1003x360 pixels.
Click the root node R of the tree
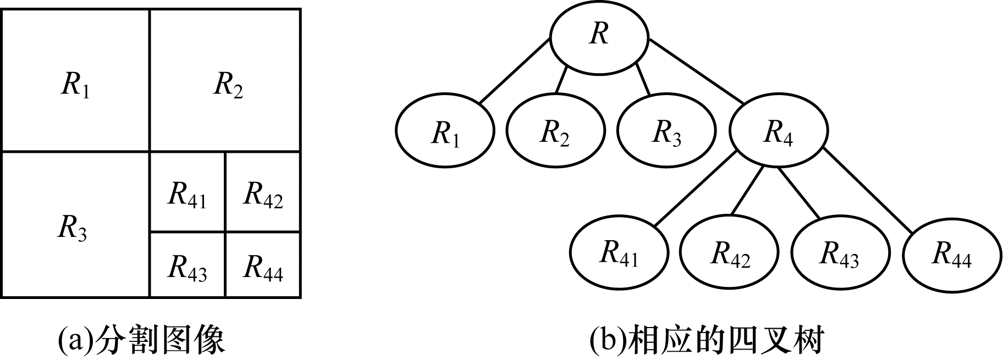pos(599,36)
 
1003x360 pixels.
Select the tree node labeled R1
pos(444,132)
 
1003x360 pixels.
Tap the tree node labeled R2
pos(556,132)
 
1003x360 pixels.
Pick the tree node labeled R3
pos(666,132)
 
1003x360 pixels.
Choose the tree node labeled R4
pos(779,132)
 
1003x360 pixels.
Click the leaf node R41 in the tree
pos(619,253)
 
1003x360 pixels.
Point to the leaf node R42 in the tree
pos(730,253)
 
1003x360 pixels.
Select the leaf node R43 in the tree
pos(840,253)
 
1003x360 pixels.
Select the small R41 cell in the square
pos(187,192)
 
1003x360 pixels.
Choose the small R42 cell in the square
pos(263,192)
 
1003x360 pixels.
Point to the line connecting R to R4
pos(696,70)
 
